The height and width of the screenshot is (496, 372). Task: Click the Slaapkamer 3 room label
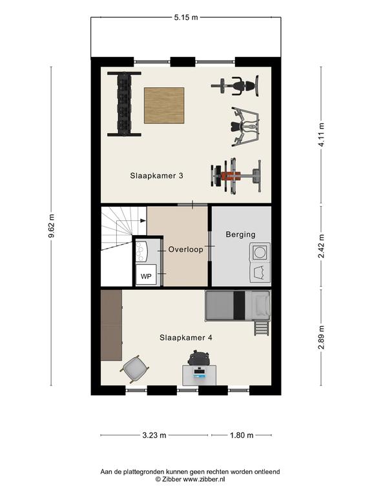pos(156,176)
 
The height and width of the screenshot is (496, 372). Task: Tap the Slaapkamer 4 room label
pos(186,338)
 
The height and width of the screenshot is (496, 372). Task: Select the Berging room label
pos(240,234)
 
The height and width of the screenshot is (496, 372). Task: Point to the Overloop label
pos(186,249)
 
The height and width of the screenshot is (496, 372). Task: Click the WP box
pos(146,276)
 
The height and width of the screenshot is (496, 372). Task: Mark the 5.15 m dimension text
pos(186,17)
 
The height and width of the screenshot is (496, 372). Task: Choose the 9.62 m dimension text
pos(52,226)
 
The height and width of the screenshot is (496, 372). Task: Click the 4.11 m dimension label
pos(322,134)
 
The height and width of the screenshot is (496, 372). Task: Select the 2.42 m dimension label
pos(322,246)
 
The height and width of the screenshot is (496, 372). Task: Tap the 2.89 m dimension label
pos(322,337)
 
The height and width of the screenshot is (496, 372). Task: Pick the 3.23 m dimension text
pos(154,435)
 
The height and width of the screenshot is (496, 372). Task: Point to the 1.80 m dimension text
pos(242,435)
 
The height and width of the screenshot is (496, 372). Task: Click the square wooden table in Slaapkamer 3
pos(164,105)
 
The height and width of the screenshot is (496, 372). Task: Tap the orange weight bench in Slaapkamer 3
pos(236,175)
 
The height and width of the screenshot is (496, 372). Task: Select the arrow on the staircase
pos(142,220)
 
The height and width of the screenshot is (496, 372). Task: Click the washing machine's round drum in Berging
pos(260,253)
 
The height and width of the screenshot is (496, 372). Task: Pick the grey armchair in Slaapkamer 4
pos(135,369)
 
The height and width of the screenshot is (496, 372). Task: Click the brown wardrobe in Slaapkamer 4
pos(111,325)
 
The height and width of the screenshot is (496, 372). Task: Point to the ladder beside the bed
pos(262,327)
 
